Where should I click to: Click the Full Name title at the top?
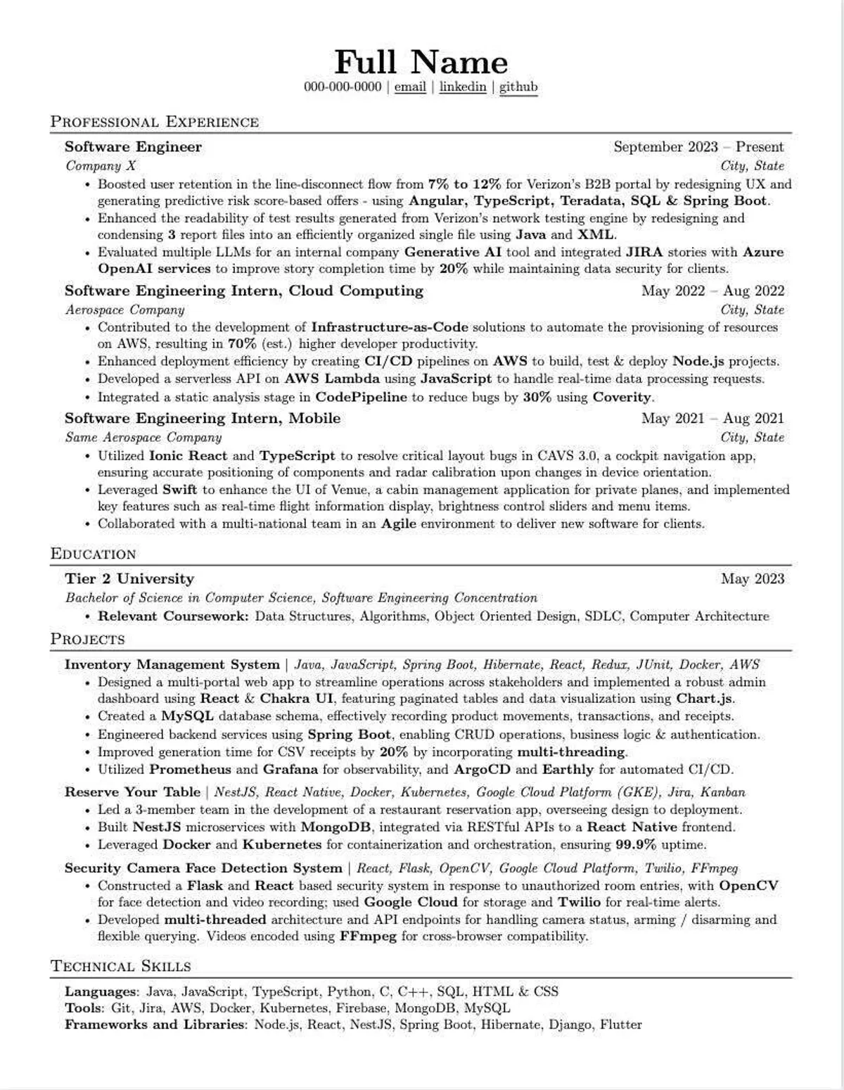[x=421, y=62]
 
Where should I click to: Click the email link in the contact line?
[x=410, y=87]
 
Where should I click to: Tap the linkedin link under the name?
[x=462, y=87]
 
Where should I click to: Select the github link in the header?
[x=518, y=87]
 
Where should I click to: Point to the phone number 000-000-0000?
[x=343, y=87]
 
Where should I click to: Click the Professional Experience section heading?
[x=155, y=122]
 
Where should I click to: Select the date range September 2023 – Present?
[x=698, y=147]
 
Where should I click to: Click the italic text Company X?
[x=101, y=166]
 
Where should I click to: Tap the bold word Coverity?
[x=622, y=397]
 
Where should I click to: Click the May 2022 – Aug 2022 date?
[x=712, y=291]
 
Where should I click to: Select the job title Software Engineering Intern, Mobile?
[x=203, y=418]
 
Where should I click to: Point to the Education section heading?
[x=94, y=554]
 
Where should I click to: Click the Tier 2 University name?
[x=129, y=578]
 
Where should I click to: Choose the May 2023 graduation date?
[x=752, y=578]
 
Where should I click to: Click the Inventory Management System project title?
[x=172, y=664]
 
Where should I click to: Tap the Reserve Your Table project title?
[x=132, y=792]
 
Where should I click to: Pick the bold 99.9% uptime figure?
[x=636, y=844]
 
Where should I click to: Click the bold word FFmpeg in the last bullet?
[x=368, y=937]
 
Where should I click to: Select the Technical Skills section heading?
[x=121, y=966]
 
